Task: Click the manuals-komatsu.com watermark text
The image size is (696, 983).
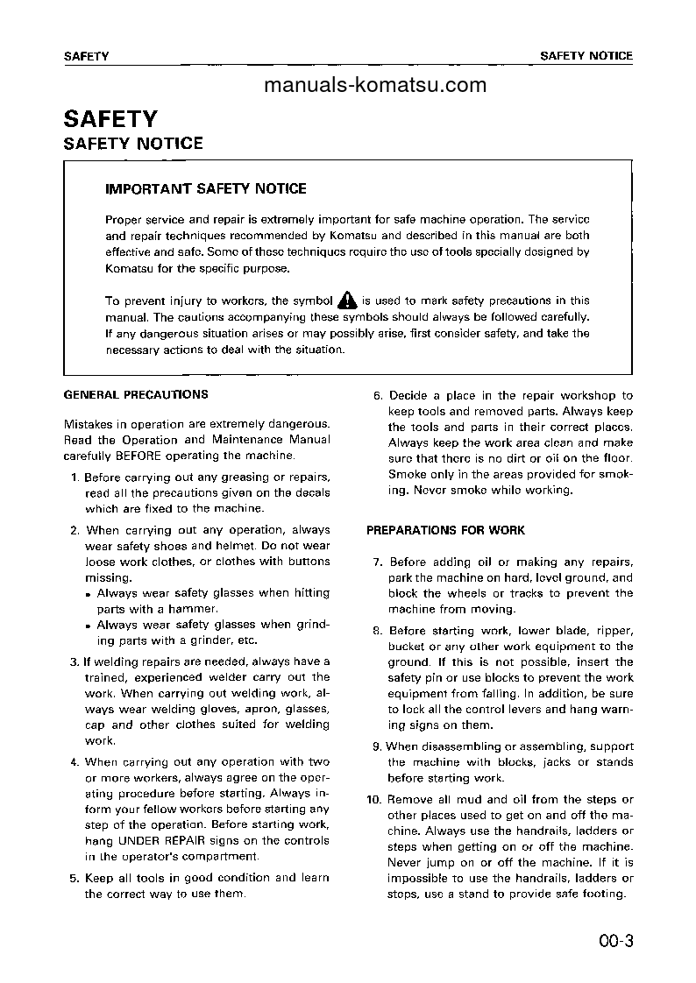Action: pyautogui.click(x=374, y=85)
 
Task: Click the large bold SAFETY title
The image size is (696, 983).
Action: pyautogui.click(x=110, y=118)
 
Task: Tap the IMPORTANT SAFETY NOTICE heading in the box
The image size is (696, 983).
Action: pyautogui.click(x=206, y=188)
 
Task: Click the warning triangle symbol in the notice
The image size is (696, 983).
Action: pyautogui.click(x=347, y=301)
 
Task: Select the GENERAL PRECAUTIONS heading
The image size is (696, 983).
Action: pyautogui.click(x=136, y=395)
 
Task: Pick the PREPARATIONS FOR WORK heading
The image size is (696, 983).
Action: pyautogui.click(x=445, y=530)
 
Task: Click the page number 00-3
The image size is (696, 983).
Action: pyautogui.click(x=615, y=942)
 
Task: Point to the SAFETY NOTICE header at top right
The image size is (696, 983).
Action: pyautogui.click(x=586, y=55)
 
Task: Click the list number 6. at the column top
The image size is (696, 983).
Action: pyautogui.click(x=378, y=396)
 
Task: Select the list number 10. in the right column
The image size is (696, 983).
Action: pyautogui.click(x=374, y=799)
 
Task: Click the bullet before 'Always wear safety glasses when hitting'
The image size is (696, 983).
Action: pyautogui.click(x=89, y=594)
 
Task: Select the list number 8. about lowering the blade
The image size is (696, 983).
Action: pyautogui.click(x=378, y=631)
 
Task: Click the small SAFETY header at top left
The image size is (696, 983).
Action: pyautogui.click(x=86, y=55)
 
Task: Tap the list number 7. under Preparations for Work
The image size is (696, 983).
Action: pyautogui.click(x=378, y=562)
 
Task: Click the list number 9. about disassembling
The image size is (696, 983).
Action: pyautogui.click(x=378, y=746)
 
